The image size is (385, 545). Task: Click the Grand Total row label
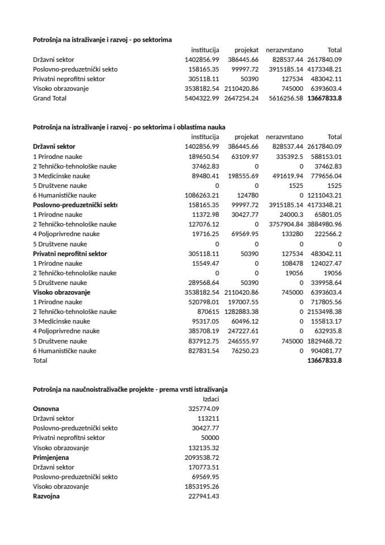[x=49, y=98]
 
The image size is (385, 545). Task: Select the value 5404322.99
[x=202, y=98]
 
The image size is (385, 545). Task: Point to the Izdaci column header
[x=210, y=399]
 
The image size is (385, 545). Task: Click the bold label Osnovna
[x=46, y=409]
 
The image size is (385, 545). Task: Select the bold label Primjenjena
[x=50, y=458]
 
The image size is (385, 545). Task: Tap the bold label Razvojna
[x=46, y=496]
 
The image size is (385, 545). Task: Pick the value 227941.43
[x=204, y=496]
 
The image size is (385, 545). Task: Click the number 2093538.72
[x=202, y=458]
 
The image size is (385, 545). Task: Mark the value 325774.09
[x=204, y=409]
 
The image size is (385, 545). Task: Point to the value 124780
[x=247, y=195]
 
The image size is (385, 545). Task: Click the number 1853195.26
[x=202, y=487]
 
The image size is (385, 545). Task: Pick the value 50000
[x=210, y=438]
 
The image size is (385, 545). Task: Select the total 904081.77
[x=324, y=351]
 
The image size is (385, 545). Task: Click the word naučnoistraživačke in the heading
[x=105, y=389]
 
